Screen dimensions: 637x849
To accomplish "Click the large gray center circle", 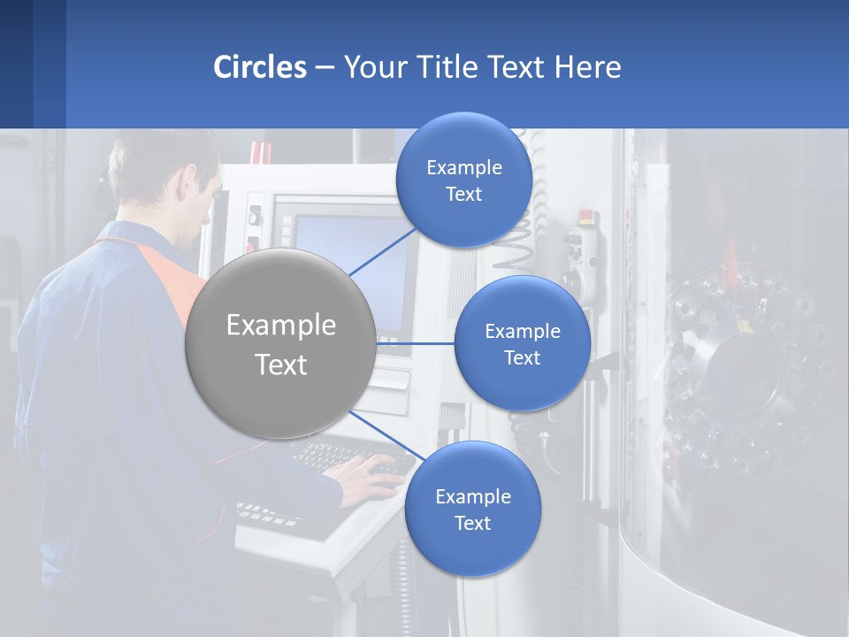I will coord(280,343).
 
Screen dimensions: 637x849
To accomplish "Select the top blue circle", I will coord(463,180).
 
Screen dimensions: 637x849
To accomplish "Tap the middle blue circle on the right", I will coord(522,343).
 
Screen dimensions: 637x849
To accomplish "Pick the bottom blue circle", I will coord(472,509).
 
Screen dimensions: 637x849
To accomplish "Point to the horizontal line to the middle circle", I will coord(416,343).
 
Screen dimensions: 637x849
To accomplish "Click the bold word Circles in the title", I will coord(260,67).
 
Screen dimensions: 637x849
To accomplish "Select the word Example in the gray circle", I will coord(280,326).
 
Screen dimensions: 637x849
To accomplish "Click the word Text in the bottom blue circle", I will coord(472,523).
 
